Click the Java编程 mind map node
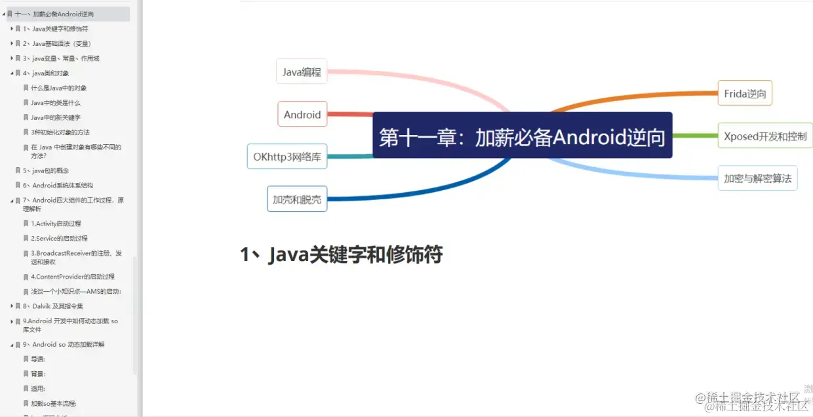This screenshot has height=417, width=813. point(302,72)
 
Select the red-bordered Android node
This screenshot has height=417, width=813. point(302,114)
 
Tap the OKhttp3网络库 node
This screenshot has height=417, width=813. point(287,157)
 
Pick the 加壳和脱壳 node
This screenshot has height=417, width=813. point(297,199)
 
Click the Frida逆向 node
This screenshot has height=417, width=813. point(745,94)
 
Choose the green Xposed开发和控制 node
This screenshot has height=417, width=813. point(764,136)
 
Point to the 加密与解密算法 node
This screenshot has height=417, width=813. point(757,178)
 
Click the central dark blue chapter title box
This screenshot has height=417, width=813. point(523,136)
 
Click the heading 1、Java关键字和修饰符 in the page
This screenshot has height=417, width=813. point(342,254)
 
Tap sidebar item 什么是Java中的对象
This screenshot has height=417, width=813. point(59,88)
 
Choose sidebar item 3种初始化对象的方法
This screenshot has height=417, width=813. point(60,132)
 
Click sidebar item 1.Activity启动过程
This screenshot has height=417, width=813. point(56,224)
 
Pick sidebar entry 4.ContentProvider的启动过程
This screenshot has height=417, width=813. point(72,277)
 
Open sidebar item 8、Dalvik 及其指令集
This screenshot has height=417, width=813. point(58,306)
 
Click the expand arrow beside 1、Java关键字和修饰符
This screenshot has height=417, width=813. point(12,29)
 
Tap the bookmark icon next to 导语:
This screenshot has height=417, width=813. point(26,359)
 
